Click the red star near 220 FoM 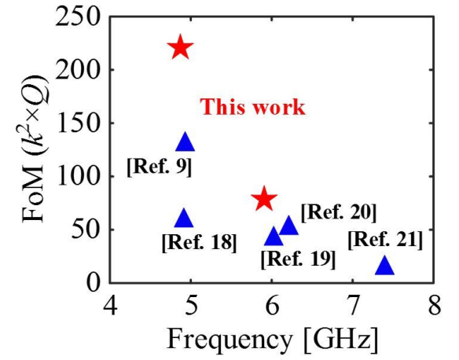point(180,47)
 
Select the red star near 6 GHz point(264,198)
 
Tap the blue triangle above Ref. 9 point(185,142)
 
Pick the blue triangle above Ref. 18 point(184,219)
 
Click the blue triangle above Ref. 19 point(274,237)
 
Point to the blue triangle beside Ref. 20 point(288,226)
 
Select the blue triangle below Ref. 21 point(384,265)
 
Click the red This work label point(253,107)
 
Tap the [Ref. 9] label point(160,167)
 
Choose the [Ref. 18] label point(199,243)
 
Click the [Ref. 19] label point(298,259)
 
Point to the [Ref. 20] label point(339,212)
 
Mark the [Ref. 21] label point(386,240)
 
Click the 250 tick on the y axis point(80,17)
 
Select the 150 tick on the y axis point(80,123)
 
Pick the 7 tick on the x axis point(353,306)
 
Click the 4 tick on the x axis point(110,306)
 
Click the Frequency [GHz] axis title point(272,340)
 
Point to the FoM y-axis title point(34,149)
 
